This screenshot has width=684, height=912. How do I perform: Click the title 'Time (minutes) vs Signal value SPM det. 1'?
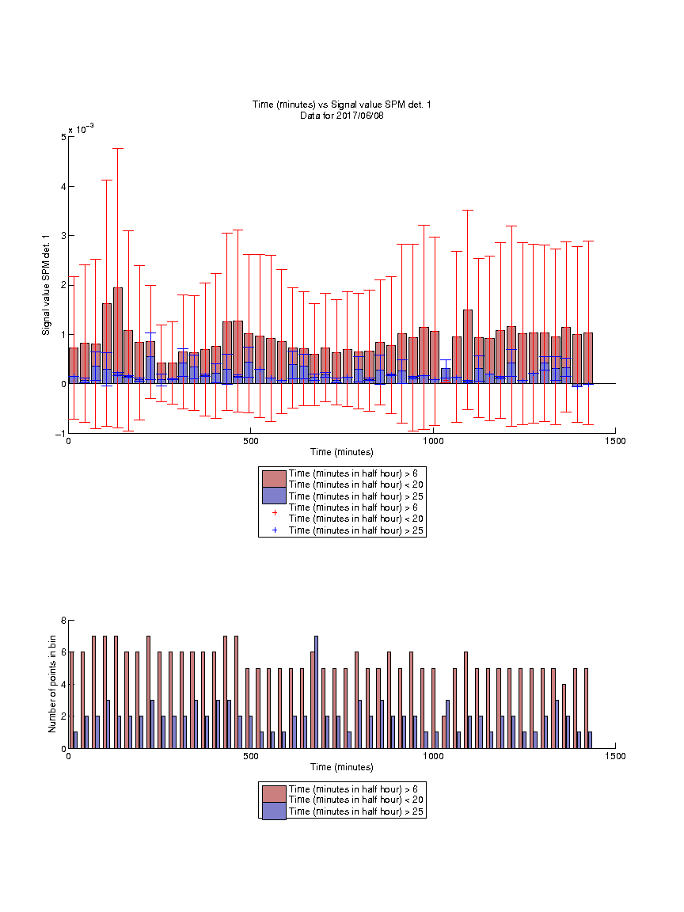(x=341, y=104)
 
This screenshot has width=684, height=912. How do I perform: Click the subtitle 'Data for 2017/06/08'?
(x=341, y=115)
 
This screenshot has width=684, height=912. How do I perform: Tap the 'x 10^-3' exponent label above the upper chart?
(x=81, y=129)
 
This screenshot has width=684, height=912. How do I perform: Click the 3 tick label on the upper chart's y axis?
(x=63, y=236)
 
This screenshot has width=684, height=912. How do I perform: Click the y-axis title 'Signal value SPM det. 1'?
(x=46, y=285)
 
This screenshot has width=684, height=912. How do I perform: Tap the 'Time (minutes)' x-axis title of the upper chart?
(x=341, y=452)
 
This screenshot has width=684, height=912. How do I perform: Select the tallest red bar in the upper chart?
(x=118, y=336)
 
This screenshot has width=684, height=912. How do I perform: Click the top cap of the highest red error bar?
(x=118, y=148)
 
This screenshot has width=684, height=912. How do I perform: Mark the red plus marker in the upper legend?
(x=275, y=513)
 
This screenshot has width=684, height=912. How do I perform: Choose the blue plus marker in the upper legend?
(x=275, y=530)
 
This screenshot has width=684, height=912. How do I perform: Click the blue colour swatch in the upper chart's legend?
(x=274, y=496)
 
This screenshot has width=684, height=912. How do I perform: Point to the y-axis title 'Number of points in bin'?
(x=52, y=684)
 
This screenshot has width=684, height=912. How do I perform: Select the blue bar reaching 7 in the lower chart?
(x=316, y=692)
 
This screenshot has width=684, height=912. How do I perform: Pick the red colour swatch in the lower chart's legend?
(x=274, y=794)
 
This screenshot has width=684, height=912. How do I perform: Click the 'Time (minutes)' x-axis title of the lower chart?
(x=341, y=767)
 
